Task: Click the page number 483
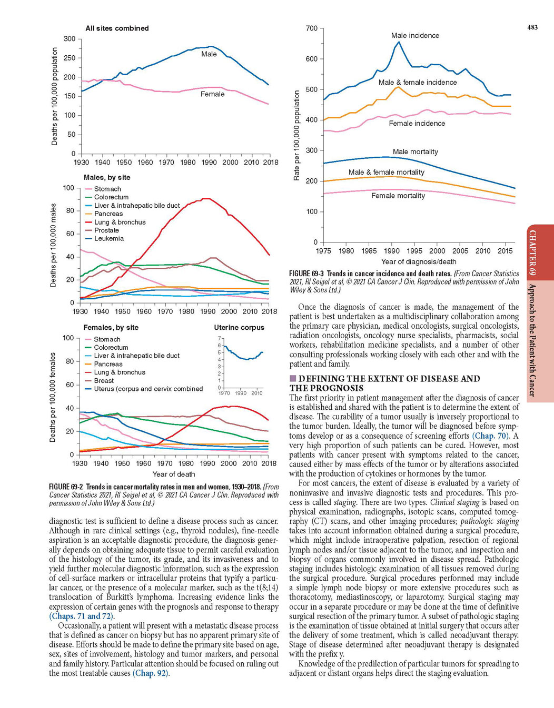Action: click(532, 28)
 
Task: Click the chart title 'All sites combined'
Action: click(117, 28)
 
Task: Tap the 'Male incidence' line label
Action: click(415, 35)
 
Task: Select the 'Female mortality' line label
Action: click(398, 196)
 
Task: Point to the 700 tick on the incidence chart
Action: click(312, 28)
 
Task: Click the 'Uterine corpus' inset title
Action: click(239, 328)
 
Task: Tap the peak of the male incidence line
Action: click(399, 42)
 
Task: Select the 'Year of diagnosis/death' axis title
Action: click(419, 261)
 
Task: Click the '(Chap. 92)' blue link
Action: click(151, 673)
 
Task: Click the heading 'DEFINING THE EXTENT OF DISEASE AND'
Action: click(389, 379)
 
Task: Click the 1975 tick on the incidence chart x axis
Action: click(323, 251)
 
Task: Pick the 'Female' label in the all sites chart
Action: click(213, 94)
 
